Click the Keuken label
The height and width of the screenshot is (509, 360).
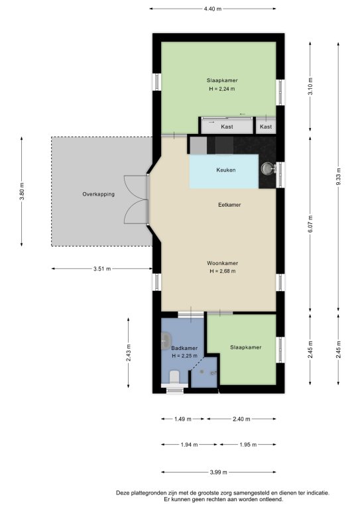[226, 170]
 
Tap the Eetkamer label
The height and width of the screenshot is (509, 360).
[229, 205]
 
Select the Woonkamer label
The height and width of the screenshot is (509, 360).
[222, 263]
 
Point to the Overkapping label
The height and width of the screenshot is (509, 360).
[98, 194]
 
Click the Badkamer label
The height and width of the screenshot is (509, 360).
[184, 348]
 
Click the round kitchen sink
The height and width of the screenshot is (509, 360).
[267, 168]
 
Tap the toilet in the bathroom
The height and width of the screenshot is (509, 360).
[174, 377]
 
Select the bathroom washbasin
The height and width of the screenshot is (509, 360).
[166, 339]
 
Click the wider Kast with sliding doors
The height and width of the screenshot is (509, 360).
[227, 125]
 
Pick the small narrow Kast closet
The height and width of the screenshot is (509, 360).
[266, 125]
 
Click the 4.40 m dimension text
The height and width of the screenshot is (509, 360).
[213, 9]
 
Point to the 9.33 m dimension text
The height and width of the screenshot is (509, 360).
[339, 177]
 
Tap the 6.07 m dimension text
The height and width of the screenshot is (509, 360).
[310, 224]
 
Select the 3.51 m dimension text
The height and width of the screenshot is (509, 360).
[102, 269]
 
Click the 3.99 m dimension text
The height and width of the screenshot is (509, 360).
[219, 473]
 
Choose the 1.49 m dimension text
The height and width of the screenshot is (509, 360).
[183, 419]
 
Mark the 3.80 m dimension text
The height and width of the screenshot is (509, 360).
[22, 192]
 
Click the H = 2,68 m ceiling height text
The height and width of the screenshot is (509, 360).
[222, 271]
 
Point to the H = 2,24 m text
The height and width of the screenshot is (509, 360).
[222, 89]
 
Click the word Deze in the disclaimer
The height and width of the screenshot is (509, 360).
[122, 493]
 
